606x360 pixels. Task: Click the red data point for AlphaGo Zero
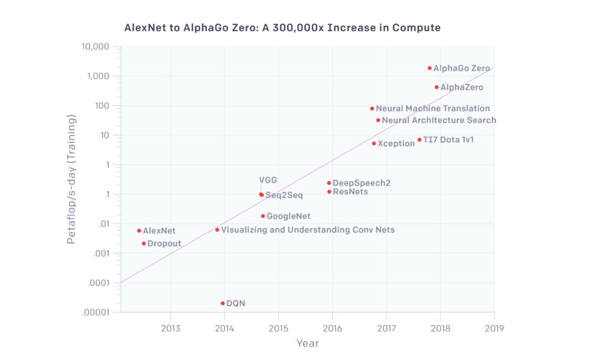pos(430,68)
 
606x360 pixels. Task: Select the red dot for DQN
pos(223,303)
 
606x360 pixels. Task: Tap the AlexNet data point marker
pos(139,230)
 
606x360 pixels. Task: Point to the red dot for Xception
pos(373,143)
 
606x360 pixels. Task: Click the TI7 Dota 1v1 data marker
pos(419,140)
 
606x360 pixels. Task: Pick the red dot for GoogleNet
pos(263,216)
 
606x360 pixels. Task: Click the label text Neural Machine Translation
pos(433,108)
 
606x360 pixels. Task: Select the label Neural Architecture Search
pos(439,120)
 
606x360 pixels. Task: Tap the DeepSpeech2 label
pos(361,183)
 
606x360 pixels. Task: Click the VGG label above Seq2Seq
pos(267,180)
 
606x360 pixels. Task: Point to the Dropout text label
pos(164,243)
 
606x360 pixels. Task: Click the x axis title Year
pos(307,343)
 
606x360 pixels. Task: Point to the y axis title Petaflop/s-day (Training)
pos(72,180)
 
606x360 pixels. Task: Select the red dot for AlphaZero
pos(437,87)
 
